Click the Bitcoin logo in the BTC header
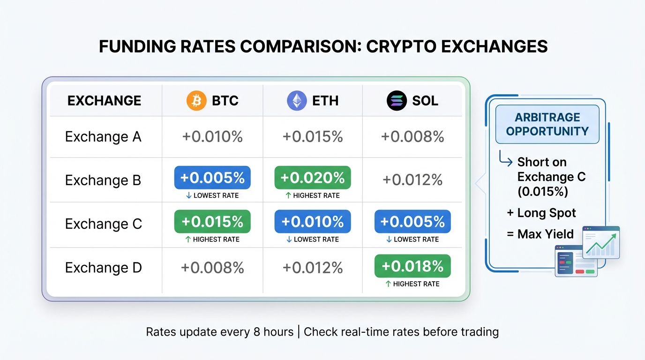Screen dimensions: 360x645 196,101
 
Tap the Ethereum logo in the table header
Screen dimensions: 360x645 297,101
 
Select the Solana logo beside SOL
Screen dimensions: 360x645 397,101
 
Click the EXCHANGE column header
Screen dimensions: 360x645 104,101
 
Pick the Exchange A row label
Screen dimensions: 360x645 103,137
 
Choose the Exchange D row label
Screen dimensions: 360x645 103,268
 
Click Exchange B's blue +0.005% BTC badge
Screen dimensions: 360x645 212,178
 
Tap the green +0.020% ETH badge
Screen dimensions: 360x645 313,178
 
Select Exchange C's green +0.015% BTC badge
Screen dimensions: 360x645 212,221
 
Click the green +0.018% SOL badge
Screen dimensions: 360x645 412,266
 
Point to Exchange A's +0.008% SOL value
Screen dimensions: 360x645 412,137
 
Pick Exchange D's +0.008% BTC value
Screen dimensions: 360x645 212,268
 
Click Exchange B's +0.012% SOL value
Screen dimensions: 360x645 412,180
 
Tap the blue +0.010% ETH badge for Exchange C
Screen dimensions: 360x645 313,221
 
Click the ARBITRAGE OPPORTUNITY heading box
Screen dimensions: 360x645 547,124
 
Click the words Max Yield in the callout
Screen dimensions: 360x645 546,233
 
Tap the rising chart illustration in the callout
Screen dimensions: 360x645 601,242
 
